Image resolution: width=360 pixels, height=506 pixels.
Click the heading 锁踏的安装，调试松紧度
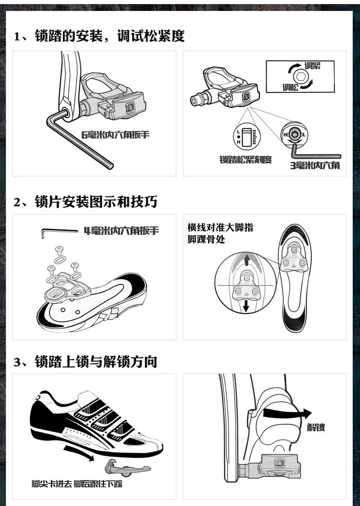(99, 36)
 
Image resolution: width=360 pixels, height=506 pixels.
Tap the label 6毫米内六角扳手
(115, 134)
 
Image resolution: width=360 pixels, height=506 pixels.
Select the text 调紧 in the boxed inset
(313, 66)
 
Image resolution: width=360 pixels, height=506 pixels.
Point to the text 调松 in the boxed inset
(290, 87)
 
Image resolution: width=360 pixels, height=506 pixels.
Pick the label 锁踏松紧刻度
(246, 160)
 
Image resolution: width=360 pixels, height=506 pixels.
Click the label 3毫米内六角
(315, 165)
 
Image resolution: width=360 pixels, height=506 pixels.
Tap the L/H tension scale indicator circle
(247, 136)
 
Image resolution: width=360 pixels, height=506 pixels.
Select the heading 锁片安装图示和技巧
(86, 201)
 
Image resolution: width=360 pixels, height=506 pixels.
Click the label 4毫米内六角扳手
(121, 231)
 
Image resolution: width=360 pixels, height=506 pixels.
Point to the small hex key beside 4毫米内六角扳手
(59, 232)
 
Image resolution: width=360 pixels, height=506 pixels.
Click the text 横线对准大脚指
(220, 227)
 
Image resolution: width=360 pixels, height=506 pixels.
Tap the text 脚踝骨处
(206, 239)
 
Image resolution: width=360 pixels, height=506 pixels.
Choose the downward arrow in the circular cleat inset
(246, 305)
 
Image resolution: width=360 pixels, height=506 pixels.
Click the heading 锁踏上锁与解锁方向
(86, 361)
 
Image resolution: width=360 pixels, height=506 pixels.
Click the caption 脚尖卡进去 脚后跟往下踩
(77, 483)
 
